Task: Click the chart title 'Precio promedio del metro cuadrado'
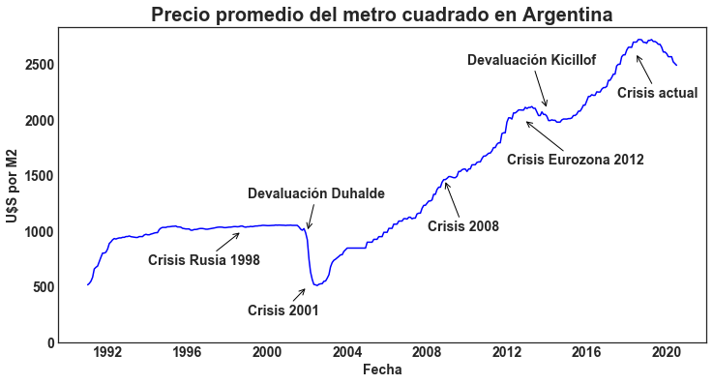tap(382, 15)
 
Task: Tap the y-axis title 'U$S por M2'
tap(12, 186)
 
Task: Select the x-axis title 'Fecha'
tap(382, 370)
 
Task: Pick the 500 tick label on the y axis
tap(43, 287)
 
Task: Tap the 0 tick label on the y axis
tap(50, 343)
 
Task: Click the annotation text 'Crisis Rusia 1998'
tap(204, 261)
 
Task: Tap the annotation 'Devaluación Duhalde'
tap(316, 194)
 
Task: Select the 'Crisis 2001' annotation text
tap(283, 311)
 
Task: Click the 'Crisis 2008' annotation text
tap(463, 227)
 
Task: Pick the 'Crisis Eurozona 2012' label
tap(576, 160)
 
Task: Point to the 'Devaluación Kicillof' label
tap(532, 61)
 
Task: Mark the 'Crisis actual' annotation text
tap(658, 94)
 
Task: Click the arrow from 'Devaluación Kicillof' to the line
tap(539, 88)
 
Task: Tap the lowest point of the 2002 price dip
tap(315, 284)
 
